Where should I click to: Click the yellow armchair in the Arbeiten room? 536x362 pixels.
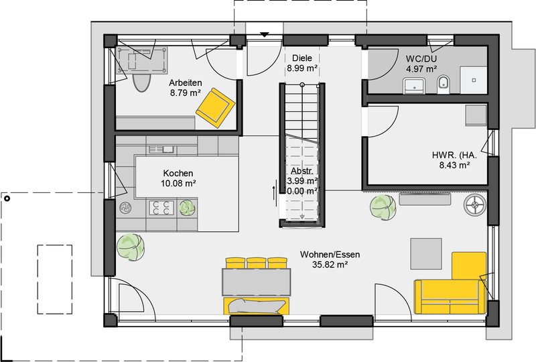click(215, 108)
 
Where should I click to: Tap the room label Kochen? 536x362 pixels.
click(178, 173)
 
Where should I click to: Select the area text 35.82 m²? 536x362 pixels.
click(330, 265)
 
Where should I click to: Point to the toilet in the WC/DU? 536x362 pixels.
click(444, 84)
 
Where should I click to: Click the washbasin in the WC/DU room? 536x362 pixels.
click(414, 86)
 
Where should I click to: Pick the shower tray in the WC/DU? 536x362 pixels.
click(474, 80)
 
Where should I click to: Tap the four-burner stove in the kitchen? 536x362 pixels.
click(161, 208)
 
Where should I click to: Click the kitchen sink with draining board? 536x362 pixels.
click(161, 149)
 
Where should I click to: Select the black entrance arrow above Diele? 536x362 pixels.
click(264, 35)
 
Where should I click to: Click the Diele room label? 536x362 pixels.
click(302, 58)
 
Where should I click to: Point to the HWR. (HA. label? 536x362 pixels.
click(454, 155)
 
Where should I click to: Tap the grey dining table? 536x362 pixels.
click(257, 282)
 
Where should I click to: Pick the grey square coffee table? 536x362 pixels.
click(426, 254)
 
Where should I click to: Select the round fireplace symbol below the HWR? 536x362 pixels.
click(475, 205)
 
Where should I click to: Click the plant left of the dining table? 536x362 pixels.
click(130, 247)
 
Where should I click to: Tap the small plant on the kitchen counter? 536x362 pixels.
click(187, 208)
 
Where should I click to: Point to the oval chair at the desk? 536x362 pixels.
click(141, 82)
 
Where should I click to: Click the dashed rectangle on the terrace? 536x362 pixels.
click(55, 279)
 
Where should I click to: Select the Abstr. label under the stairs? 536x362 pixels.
click(302, 171)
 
